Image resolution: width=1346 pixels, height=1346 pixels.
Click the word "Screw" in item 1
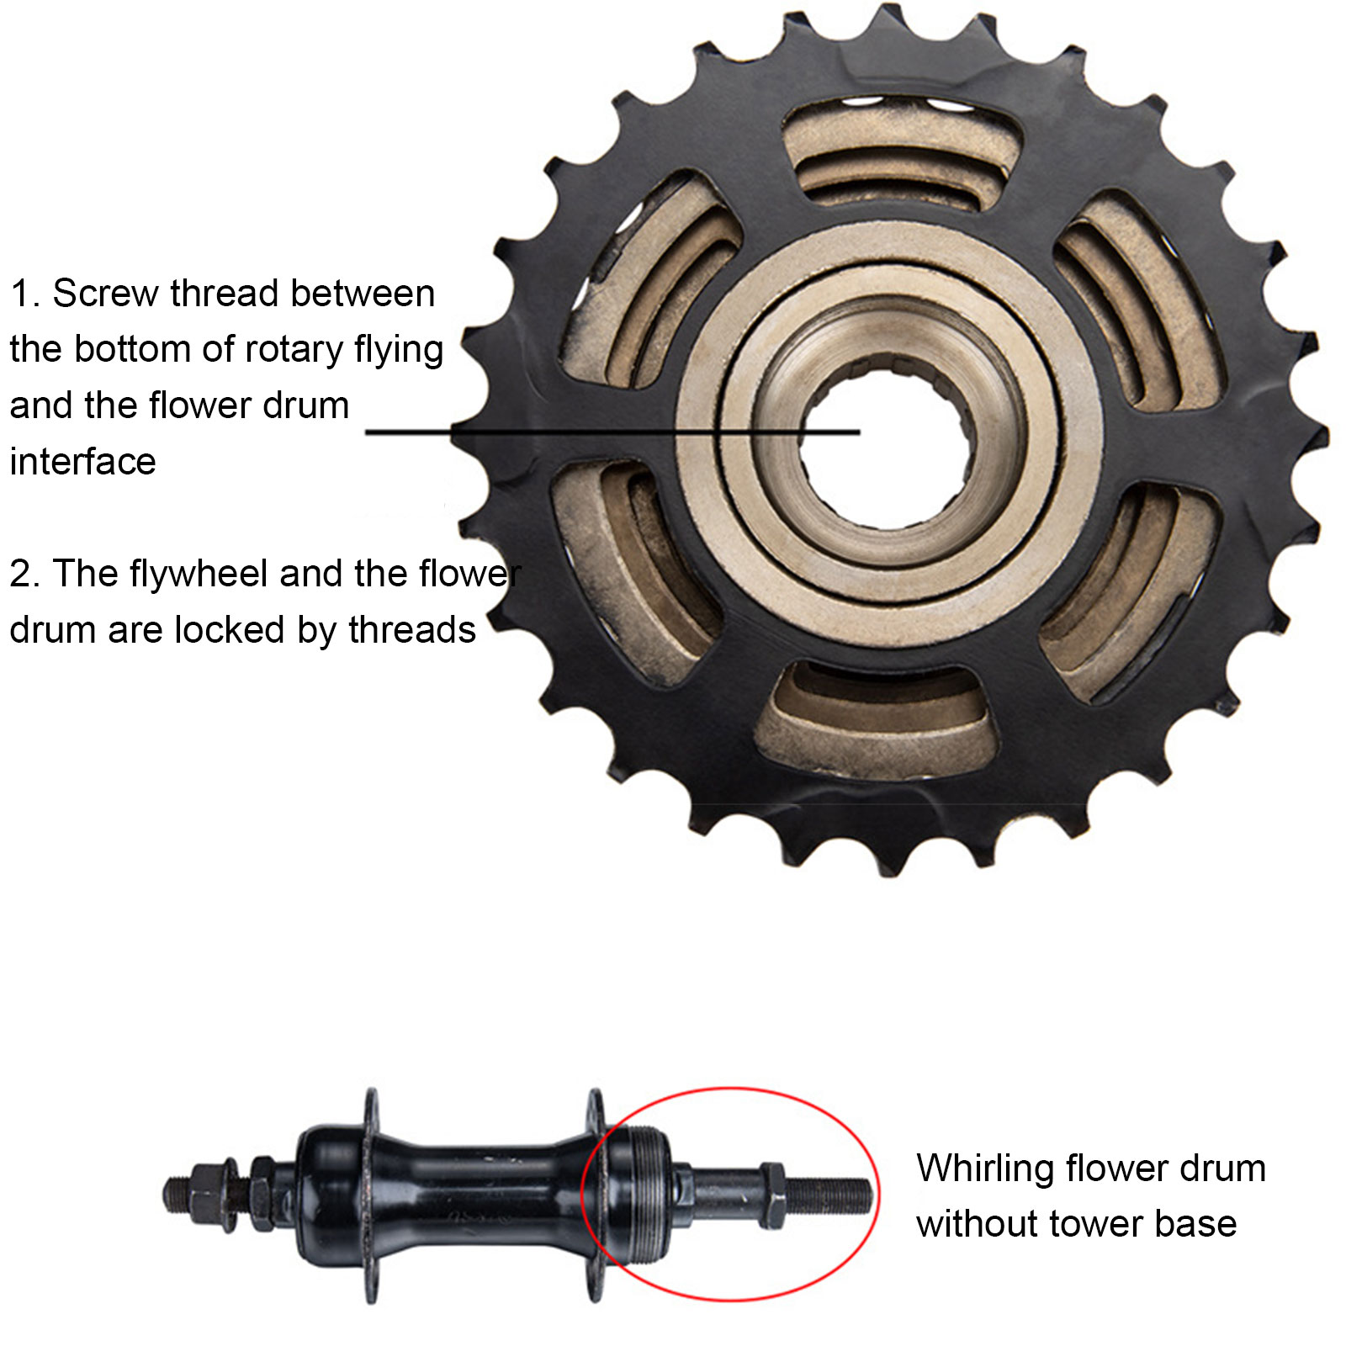[106, 294]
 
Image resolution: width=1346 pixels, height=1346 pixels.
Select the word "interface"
[82, 462]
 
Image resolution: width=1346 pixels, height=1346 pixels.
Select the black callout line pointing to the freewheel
[612, 432]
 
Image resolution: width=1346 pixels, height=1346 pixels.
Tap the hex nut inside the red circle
[772, 1195]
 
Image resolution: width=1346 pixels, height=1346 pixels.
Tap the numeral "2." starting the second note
[24, 575]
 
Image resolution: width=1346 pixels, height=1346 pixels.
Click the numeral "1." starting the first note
[24, 294]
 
